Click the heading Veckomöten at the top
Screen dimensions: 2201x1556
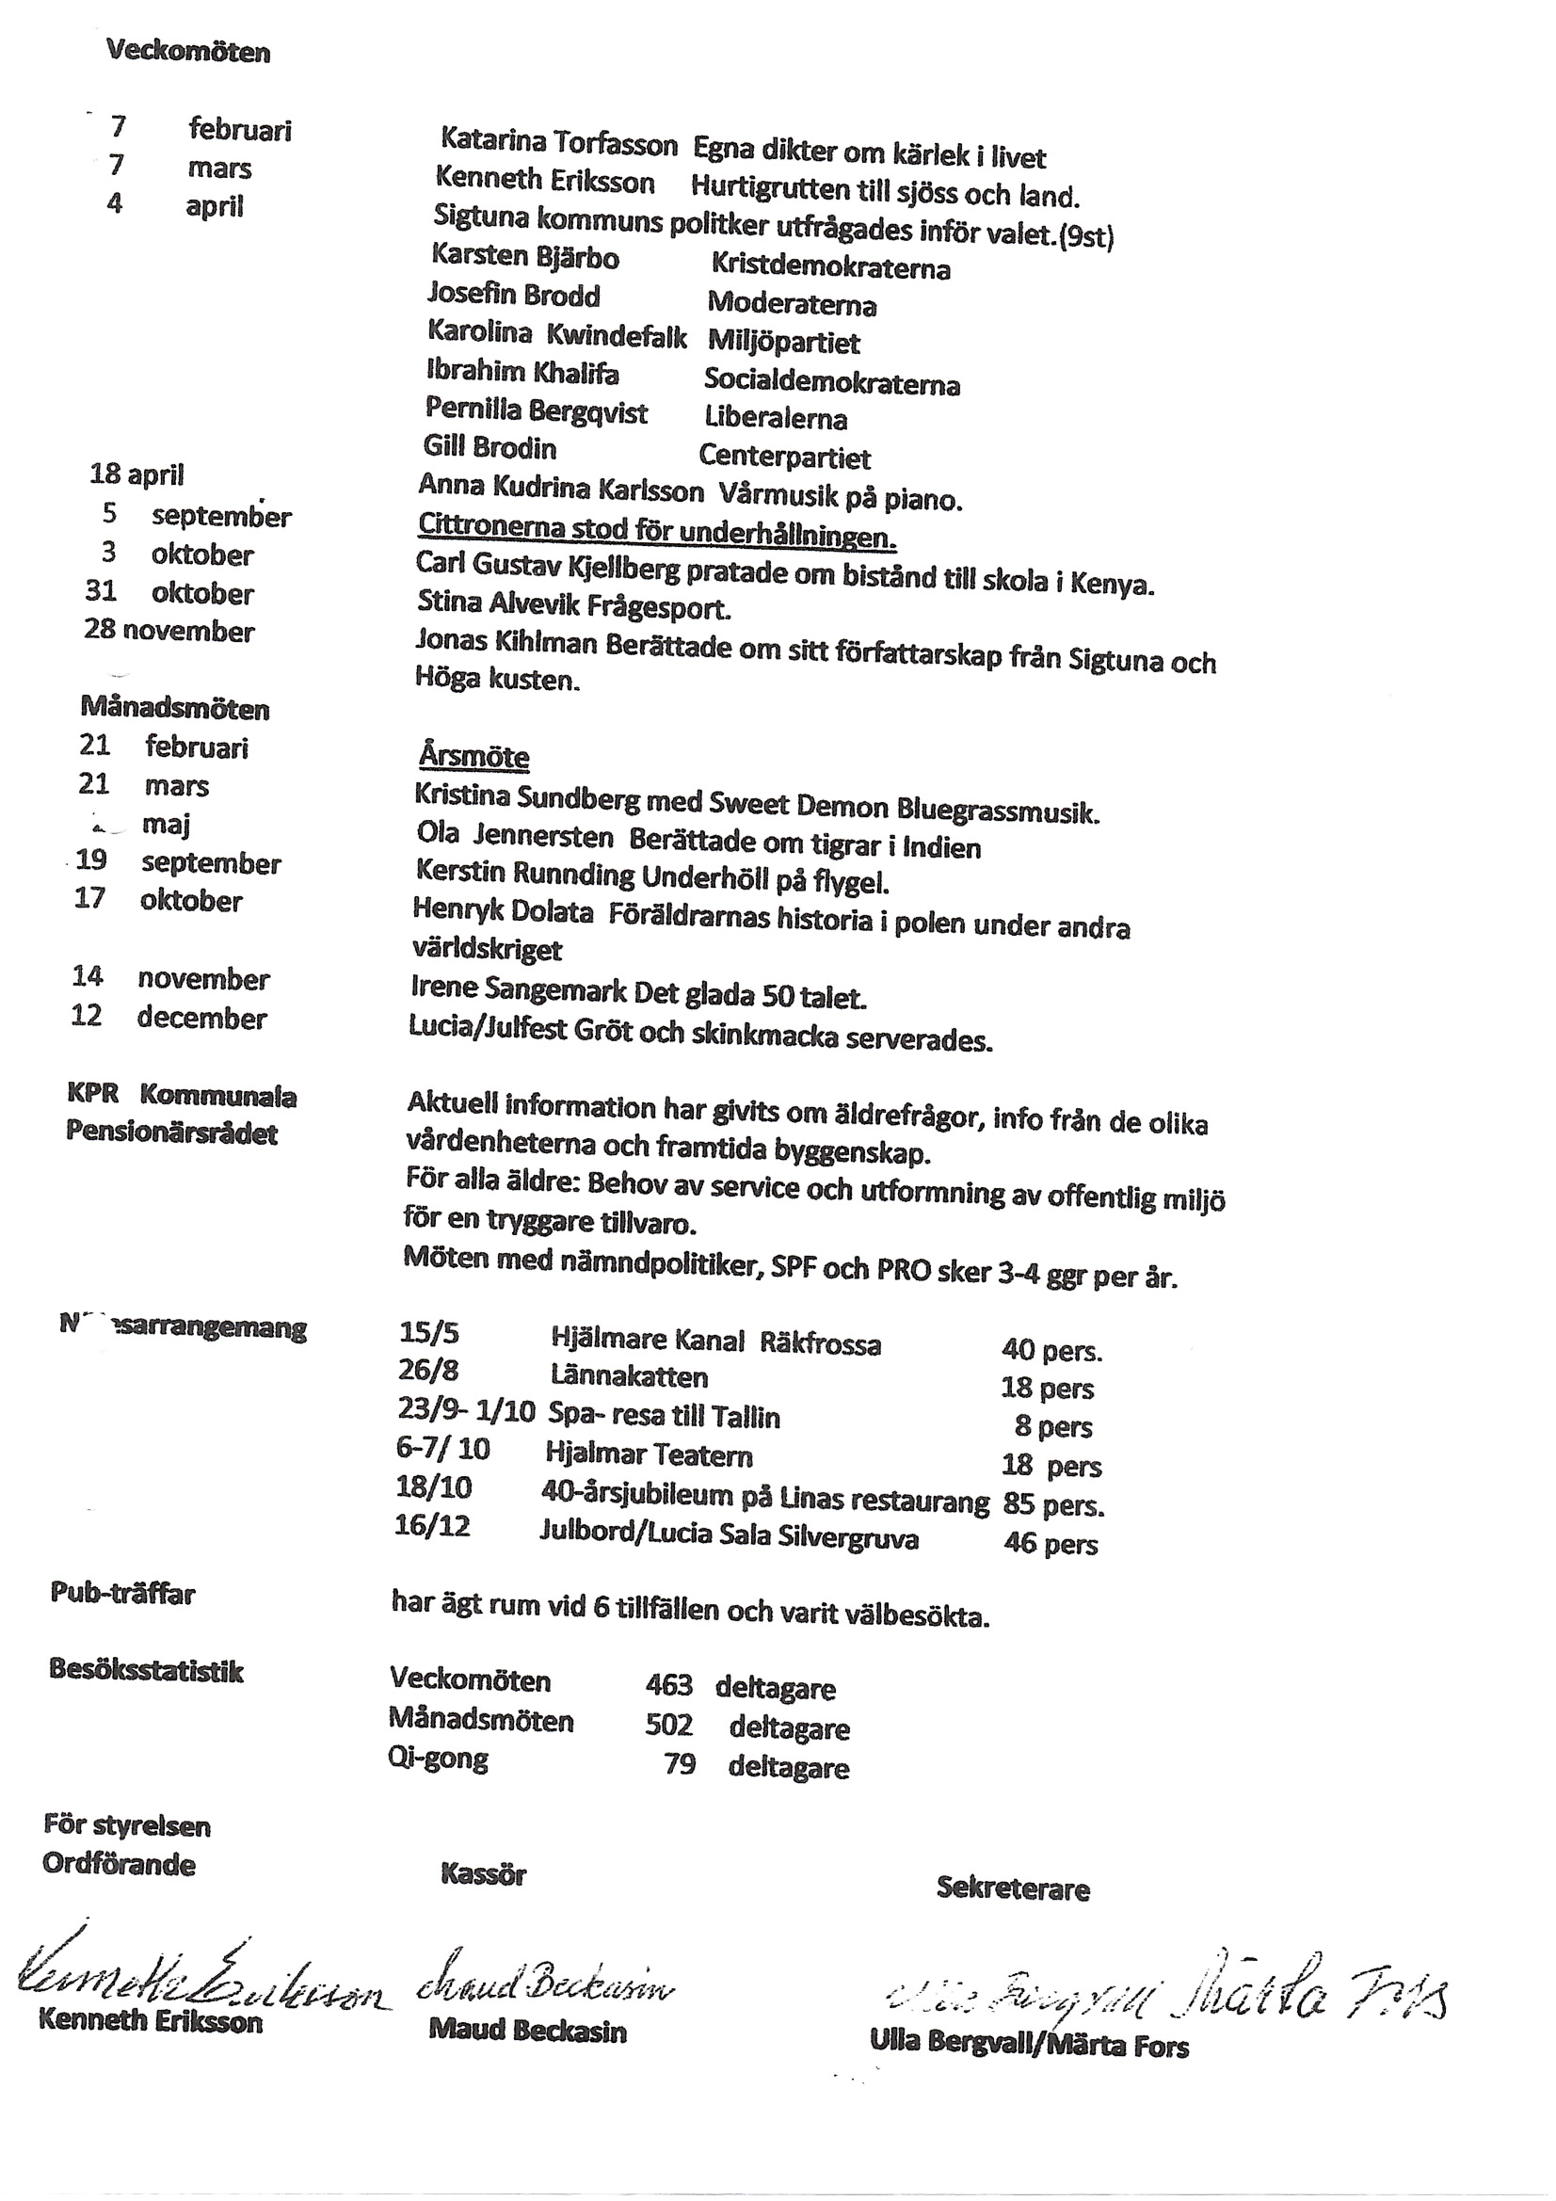pos(188,51)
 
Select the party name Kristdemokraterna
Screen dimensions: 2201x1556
pos(829,267)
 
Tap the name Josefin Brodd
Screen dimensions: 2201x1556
pos(514,295)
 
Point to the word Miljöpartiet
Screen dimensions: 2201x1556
pos(783,343)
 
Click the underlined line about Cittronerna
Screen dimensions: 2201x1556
pos(656,531)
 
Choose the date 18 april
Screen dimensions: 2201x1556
pos(136,474)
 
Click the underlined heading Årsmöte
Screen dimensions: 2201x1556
pos(473,756)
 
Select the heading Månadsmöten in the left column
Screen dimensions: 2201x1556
pos(174,709)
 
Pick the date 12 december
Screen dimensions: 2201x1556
pos(168,1017)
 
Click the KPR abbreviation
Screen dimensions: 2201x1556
pos(92,1094)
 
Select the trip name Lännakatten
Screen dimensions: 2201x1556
pos(629,1376)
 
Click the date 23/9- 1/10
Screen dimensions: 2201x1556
pos(465,1410)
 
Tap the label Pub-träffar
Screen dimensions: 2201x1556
pos(122,1594)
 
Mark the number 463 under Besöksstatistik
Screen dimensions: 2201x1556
pos(668,1685)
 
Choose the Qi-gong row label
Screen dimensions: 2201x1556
pos(438,1759)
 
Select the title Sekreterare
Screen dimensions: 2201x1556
pos(1013,1889)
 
